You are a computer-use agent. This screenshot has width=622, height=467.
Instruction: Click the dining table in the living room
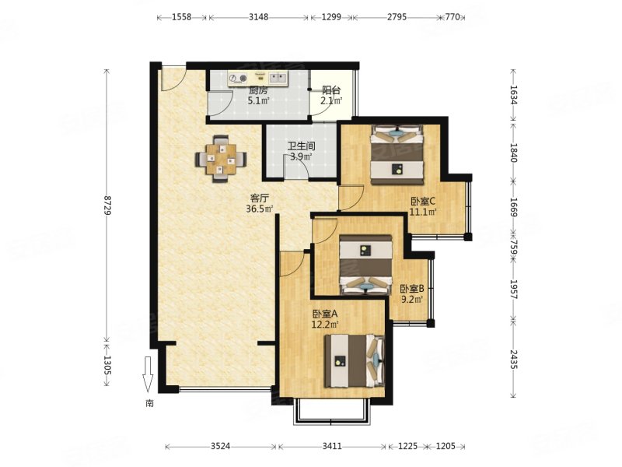point(221,160)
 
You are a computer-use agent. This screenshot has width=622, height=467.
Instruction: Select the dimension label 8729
point(107,205)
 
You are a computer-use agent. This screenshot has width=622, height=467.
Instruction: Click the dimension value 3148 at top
point(259,17)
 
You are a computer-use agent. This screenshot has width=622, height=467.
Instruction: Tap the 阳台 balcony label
point(331,90)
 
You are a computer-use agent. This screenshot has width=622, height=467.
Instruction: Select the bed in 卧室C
point(397,155)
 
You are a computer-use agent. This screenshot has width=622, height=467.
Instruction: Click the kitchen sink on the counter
point(278,77)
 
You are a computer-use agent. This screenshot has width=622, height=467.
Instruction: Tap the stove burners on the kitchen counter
point(238,79)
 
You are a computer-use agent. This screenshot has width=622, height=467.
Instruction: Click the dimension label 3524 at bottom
point(220,446)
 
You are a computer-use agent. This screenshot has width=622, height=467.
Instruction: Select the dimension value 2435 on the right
point(514,360)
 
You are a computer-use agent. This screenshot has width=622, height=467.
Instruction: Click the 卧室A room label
point(325,314)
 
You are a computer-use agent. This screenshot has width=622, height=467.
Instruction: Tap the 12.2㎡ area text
point(325,325)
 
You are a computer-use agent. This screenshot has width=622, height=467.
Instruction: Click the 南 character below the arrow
point(149,404)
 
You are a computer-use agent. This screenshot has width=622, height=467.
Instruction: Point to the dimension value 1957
point(514,290)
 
